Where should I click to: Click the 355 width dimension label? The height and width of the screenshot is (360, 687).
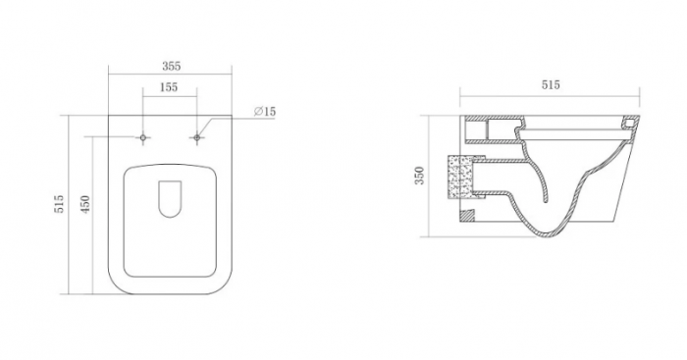coord(171,66)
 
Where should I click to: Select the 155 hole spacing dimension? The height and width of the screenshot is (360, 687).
coord(169,87)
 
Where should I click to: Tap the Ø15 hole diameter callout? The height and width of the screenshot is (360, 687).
coord(265,111)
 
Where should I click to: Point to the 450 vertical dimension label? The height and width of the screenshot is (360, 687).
coord(85,204)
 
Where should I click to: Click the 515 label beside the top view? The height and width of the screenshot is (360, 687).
coord(59,204)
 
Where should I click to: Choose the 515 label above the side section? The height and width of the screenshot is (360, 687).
coord(551,84)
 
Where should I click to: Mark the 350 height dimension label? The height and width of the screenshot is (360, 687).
coord(419,176)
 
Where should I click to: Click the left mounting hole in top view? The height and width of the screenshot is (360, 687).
coord(143,138)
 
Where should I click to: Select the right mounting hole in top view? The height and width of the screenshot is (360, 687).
coord(196,138)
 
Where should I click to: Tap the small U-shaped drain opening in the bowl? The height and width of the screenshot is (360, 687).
coord(170,199)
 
